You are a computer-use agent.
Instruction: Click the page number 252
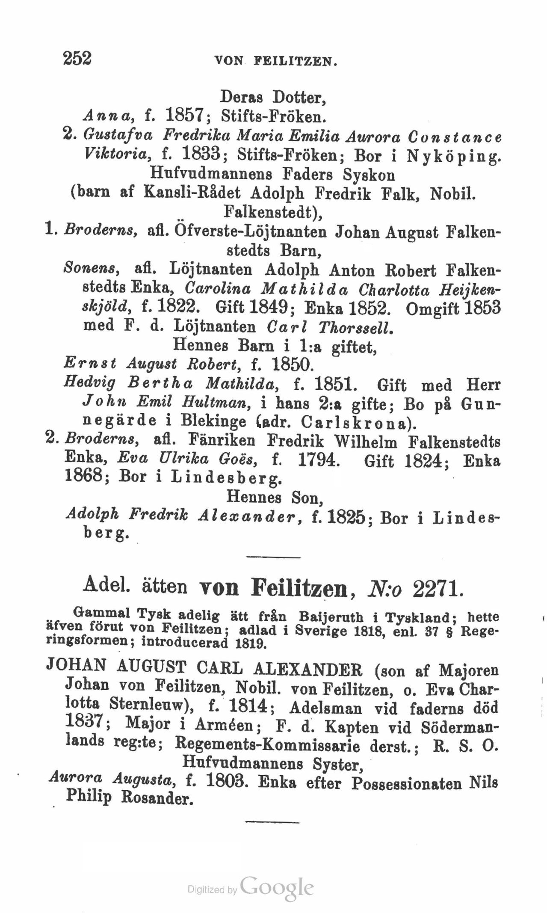click(x=77, y=58)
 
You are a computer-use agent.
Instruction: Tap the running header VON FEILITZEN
click(x=276, y=61)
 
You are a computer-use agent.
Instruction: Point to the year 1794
click(x=316, y=460)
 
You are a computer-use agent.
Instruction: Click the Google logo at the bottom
click(x=277, y=889)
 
